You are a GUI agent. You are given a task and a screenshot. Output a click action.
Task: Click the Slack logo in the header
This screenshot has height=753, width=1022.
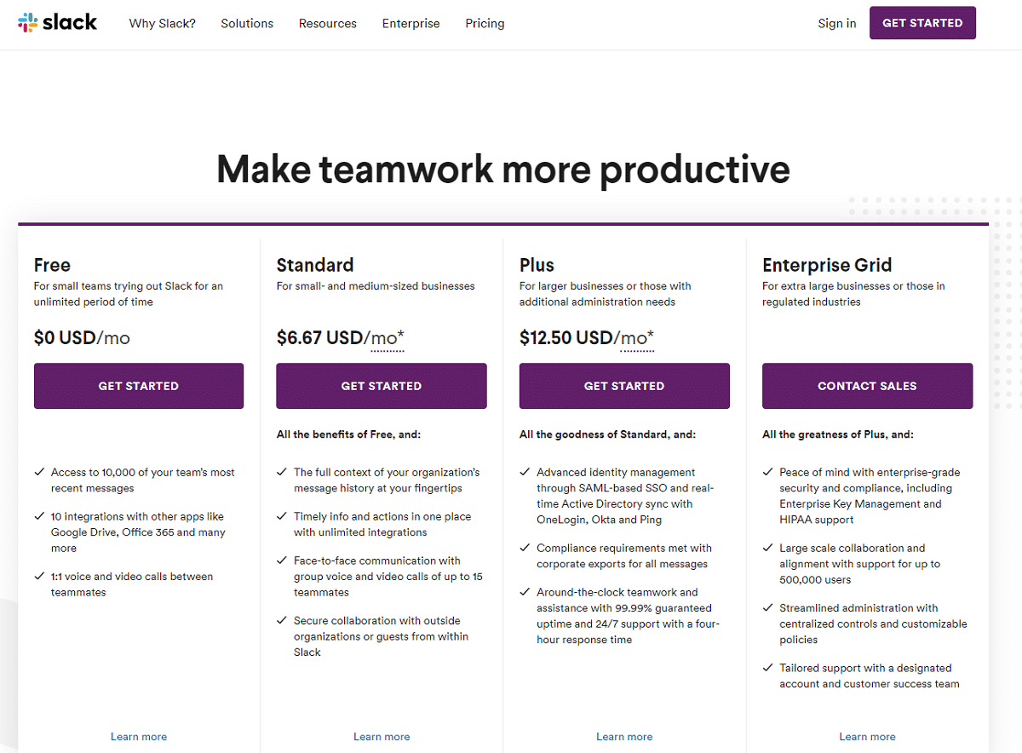(57, 23)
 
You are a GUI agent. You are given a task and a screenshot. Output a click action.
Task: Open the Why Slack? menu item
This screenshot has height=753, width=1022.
(162, 24)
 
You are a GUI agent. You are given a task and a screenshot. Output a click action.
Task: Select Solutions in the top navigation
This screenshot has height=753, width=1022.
(247, 24)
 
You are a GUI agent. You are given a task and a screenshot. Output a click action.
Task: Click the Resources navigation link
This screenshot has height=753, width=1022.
(327, 24)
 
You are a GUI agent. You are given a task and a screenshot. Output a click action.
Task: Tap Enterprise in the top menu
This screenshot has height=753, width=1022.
(411, 24)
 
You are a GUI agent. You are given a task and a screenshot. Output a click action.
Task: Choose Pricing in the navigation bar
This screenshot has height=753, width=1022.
(485, 24)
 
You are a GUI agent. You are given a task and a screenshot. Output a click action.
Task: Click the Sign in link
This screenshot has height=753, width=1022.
(836, 24)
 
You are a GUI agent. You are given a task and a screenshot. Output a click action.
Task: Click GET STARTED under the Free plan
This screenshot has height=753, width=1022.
(139, 386)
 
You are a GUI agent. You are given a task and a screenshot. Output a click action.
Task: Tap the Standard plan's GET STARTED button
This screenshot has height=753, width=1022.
(381, 386)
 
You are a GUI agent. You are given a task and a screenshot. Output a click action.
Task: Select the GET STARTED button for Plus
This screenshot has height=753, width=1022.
(624, 386)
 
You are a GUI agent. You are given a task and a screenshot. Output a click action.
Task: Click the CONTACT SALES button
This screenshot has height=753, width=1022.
(867, 386)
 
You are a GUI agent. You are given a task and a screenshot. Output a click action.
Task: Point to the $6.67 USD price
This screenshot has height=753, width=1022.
(320, 338)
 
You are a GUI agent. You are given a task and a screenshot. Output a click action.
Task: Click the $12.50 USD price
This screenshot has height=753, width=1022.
(566, 338)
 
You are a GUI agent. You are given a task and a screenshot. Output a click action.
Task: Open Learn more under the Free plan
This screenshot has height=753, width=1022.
(139, 737)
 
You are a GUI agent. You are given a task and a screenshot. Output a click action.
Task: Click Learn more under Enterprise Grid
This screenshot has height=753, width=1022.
(867, 737)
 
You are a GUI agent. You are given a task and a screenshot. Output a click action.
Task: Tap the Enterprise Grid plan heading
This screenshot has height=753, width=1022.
(827, 265)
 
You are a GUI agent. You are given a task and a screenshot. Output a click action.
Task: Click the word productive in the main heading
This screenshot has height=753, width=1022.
(694, 170)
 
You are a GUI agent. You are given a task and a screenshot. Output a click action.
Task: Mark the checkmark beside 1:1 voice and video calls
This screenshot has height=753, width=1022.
(39, 577)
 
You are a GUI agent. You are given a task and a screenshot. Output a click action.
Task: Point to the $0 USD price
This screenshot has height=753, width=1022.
(65, 338)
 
